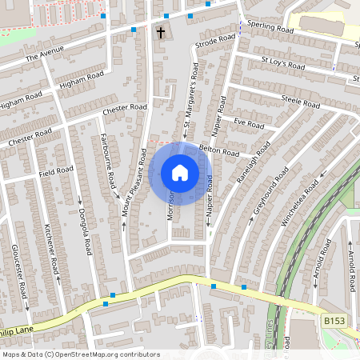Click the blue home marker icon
[x=180, y=173]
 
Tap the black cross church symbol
[x=161, y=33]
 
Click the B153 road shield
[x=335, y=320]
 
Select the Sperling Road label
[x=270, y=27]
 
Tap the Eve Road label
[x=249, y=124]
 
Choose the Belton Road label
[x=219, y=150]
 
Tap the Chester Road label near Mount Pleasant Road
[x=126, y=108]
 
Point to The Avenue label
[x=43, y=56]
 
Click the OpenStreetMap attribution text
[x=81, y=354]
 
